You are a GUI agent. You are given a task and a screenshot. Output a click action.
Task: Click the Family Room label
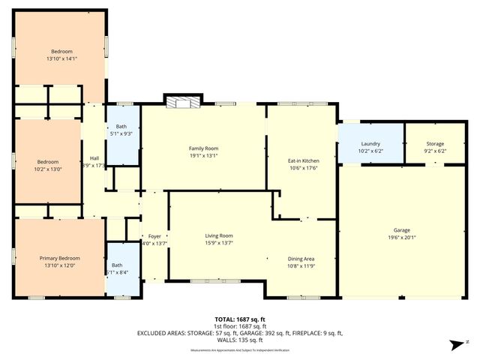203,148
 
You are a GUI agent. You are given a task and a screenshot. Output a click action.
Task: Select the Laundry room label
370,144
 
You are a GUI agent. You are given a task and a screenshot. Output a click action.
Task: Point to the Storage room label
435,144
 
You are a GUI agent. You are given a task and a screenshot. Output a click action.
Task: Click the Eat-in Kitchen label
304,161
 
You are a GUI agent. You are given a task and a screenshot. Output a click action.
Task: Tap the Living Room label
219,236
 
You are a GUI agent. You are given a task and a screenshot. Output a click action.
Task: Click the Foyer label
154,236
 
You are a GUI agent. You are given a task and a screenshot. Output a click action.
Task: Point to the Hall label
94,158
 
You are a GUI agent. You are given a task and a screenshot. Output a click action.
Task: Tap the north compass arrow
454,344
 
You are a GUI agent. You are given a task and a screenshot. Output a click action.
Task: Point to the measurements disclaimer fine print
239,350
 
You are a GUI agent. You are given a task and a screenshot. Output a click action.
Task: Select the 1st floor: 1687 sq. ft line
239,325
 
